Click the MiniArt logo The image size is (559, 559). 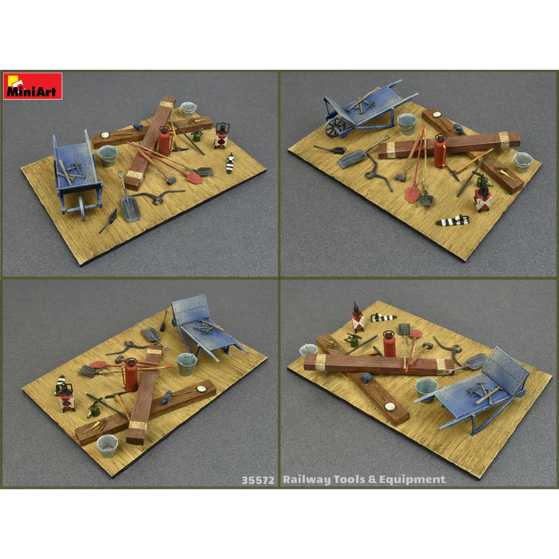(x=33, y=86)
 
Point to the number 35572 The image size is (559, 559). (x=258, y=480)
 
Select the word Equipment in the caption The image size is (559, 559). (x=414, y=480)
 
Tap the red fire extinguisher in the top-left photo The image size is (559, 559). (x=165, y=141)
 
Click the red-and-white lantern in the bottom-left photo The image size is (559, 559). (x=61, y=391)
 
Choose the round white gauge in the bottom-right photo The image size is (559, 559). (x=390, y=406)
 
